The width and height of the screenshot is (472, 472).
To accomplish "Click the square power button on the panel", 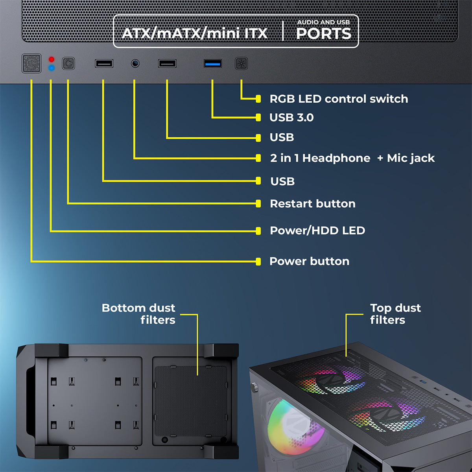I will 31,63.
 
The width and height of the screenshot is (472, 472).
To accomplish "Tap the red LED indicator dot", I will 52,59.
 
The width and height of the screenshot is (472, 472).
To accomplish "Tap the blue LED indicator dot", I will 52,68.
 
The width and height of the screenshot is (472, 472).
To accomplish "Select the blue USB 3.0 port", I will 213,63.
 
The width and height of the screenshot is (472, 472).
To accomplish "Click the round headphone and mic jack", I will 135,63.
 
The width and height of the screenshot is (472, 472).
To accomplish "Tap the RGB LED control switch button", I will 241,63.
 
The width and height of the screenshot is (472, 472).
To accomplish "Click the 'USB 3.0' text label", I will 291,118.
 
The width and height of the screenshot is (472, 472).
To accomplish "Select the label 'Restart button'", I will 313,204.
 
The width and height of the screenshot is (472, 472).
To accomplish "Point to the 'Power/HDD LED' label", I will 317,230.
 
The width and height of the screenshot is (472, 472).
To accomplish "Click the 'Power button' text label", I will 309,261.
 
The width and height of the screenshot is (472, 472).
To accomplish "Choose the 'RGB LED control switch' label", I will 339,99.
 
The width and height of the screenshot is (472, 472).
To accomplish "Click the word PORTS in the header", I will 323,34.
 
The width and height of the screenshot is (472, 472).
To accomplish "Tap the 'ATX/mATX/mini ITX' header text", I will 195,33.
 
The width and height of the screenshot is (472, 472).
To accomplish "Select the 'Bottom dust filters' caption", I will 138,314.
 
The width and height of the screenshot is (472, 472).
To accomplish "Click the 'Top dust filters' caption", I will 395,314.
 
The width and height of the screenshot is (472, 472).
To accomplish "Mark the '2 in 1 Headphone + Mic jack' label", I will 352,158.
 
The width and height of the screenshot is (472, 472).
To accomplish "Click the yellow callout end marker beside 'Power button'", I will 258,262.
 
